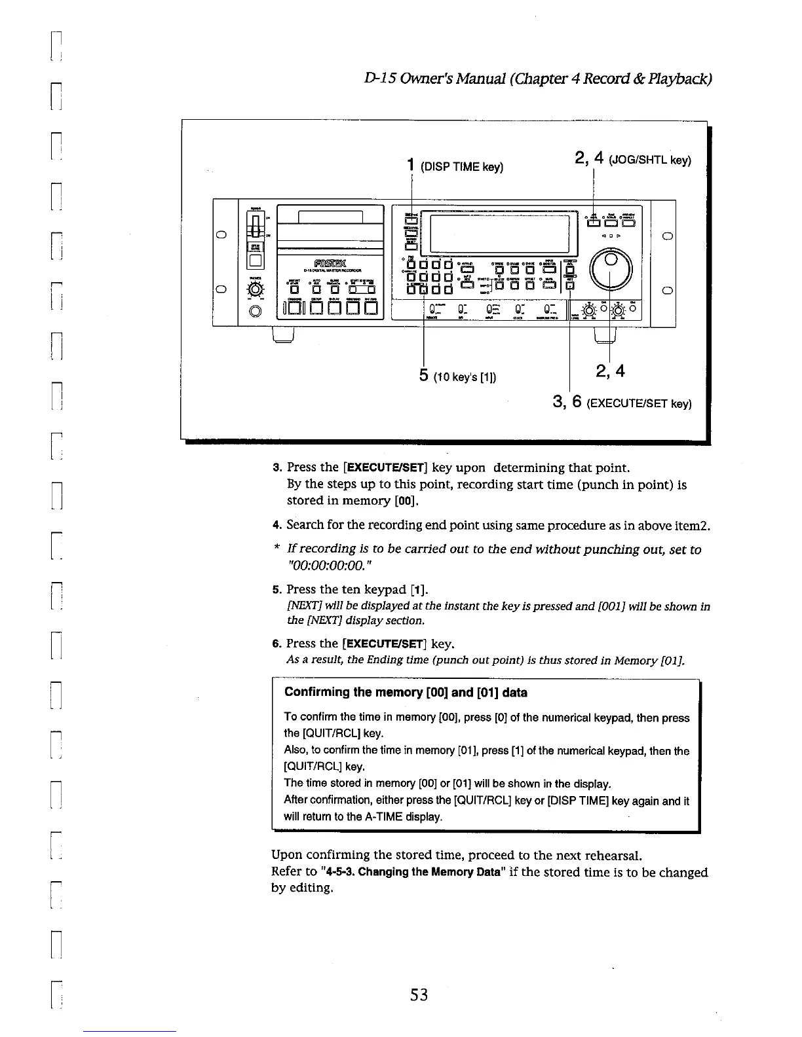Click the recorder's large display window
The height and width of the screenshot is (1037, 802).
[x=498, y=234]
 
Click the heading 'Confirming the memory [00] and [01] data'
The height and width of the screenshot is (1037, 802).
[x=406, y=693]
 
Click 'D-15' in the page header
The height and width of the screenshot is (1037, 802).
[x=374, y=79]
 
